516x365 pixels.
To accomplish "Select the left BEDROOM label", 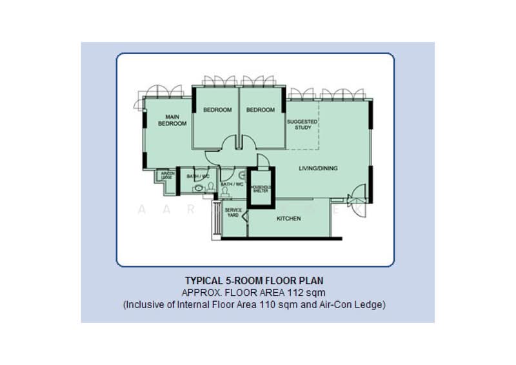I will pos(217,110).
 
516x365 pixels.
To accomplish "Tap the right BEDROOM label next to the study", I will pos(261,110).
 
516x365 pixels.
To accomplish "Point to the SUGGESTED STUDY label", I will pos(302,124).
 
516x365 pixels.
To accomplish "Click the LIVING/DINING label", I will pos(318,169).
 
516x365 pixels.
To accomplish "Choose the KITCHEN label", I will pos(288,219).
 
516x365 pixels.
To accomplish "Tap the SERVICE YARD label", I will pos(232,213).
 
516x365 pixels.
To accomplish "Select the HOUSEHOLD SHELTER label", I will pos(262,189).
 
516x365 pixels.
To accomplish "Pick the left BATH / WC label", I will pos(198,176).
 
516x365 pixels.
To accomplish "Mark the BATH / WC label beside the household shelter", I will pos(232,184).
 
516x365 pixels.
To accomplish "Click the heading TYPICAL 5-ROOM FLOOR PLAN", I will pos(254,281).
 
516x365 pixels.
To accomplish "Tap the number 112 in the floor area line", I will pos(301,292).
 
